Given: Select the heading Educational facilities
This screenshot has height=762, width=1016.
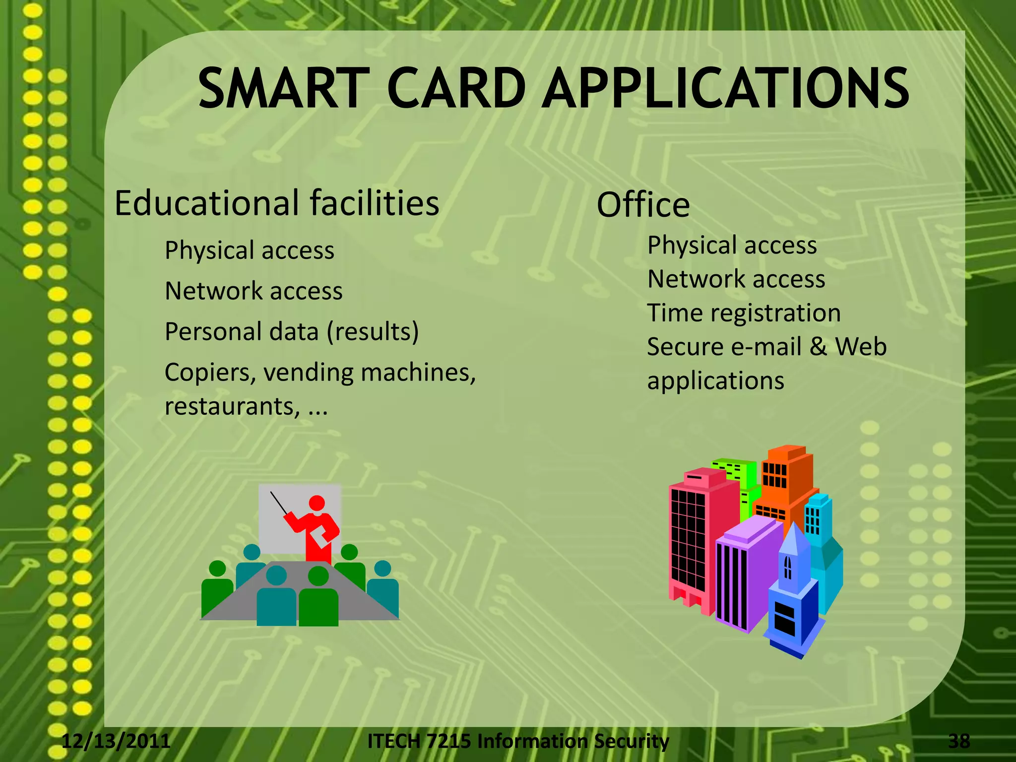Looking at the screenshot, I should click(277, 203).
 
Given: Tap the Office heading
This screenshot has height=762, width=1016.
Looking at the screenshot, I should click(643, 205).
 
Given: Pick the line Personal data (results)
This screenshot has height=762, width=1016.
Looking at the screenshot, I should click(292, 331).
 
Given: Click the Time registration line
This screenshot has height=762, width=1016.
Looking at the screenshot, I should click(744, 313).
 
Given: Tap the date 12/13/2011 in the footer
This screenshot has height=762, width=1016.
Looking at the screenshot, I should click(116, 741).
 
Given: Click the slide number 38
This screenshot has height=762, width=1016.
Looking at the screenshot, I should click(959, 741).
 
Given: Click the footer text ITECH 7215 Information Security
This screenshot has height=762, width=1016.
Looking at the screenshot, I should click(518, 741).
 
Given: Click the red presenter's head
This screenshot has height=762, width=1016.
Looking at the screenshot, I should click(317, 503).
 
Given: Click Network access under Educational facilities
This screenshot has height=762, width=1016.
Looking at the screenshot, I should click(254, 291).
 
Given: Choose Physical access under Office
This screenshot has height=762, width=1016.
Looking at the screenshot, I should click(732, 245).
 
